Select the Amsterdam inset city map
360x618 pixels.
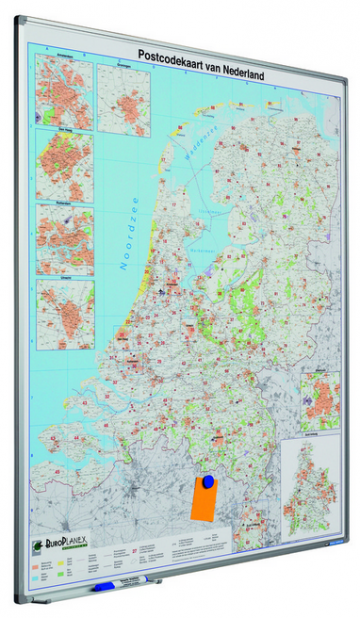click(63, 91)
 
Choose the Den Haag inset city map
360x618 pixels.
click(64, 165)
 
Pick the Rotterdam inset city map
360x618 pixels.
click(65, 239)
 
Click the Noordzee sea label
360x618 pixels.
click(129, 231)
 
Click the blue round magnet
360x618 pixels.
click(208, 483)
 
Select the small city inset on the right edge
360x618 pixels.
click(321, 401)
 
